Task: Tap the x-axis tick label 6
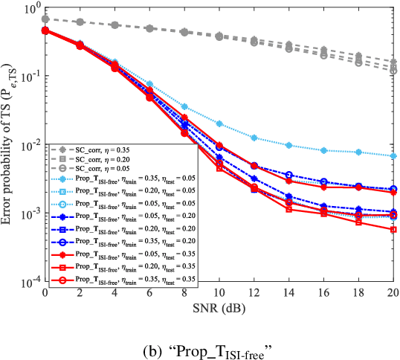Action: [149, 295]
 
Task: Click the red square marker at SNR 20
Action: [393, 230]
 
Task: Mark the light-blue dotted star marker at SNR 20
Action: [393, 156]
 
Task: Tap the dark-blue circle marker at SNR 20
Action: [393, 189]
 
